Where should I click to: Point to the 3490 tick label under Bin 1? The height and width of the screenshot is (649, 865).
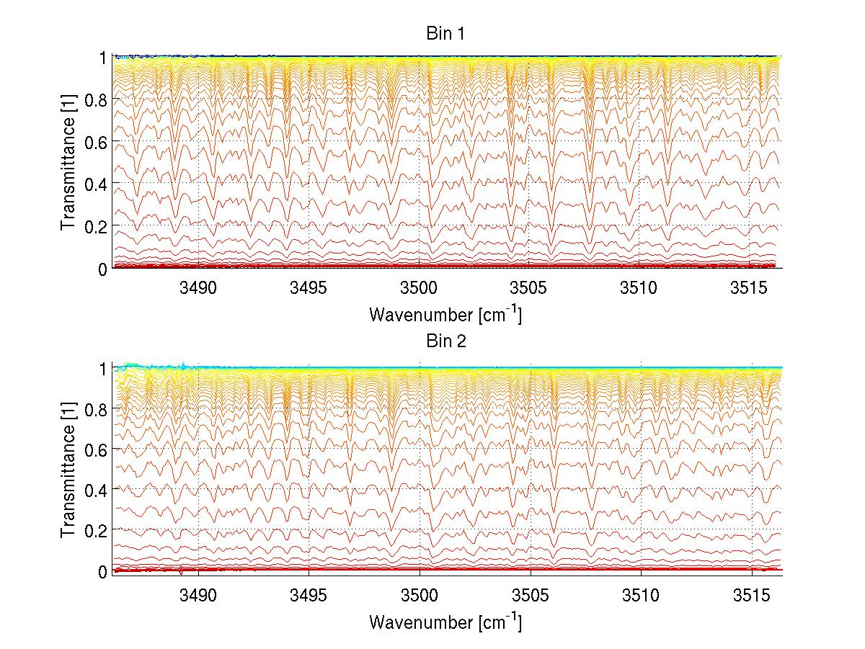point(198,289)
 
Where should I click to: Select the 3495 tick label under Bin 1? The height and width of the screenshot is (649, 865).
point(309,289)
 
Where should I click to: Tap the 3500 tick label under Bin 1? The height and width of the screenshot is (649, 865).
point(420,289)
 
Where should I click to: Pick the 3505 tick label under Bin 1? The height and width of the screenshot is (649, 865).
point(530,289)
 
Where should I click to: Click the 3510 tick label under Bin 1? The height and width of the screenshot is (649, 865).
point(641,289)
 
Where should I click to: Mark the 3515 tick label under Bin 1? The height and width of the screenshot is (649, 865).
point(751,289)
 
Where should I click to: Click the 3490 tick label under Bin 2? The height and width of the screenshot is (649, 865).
point(198,595)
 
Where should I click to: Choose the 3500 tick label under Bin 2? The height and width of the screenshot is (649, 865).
point(420,595)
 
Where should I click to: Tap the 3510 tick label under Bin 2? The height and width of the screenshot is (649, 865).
point(641,595)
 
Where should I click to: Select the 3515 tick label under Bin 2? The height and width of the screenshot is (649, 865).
point(751,595)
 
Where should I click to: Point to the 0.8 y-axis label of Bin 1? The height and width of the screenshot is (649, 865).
point(97,100)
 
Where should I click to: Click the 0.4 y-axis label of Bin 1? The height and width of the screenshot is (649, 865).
point(97,184)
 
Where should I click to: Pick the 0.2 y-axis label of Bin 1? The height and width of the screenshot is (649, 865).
point(97,226)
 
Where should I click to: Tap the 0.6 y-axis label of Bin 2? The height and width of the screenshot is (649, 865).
point(97,449)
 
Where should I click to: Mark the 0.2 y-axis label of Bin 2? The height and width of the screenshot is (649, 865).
point(97,530)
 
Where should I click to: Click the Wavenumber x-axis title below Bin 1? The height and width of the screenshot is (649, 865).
point(445,314)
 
